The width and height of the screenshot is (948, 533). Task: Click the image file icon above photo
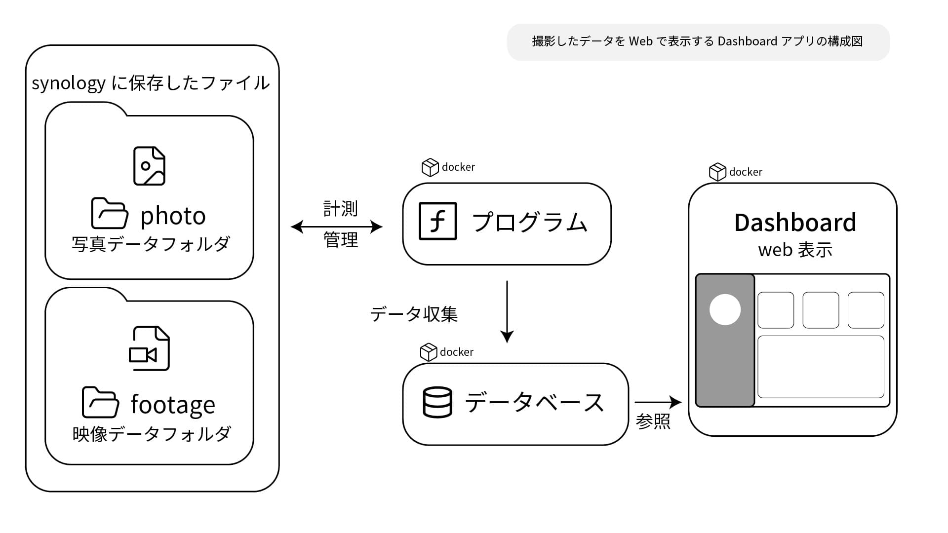(x=149, y=166)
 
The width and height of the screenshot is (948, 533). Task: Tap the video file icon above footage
(x=149, y=348)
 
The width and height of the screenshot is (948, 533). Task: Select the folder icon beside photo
(x=110, y=213)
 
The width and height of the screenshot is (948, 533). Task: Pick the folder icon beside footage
(x=100, y=402)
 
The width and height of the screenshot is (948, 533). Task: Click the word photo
(x=173, y=216)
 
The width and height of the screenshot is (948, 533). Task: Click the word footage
(x=173, y=405)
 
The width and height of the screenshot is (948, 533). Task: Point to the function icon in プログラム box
(x=437, y=221)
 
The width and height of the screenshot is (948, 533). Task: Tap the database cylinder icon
(x=437, y=402)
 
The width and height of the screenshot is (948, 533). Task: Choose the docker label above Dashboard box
(x=736, y=172)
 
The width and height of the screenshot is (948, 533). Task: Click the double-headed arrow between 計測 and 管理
(x=337, y=227)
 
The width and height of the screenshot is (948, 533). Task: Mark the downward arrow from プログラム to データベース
(x=507, y=311)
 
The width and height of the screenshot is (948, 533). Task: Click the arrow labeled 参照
(x=658, y=402)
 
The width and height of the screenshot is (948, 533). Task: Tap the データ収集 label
(x=414, y=314)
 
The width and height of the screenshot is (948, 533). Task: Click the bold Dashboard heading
(x=795, y=223)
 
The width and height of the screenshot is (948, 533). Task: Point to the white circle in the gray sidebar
(x=725, y=309)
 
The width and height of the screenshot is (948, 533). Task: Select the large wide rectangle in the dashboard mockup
(x=821, y=367)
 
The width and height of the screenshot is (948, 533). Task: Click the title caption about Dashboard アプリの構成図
(x=698, y=41)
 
